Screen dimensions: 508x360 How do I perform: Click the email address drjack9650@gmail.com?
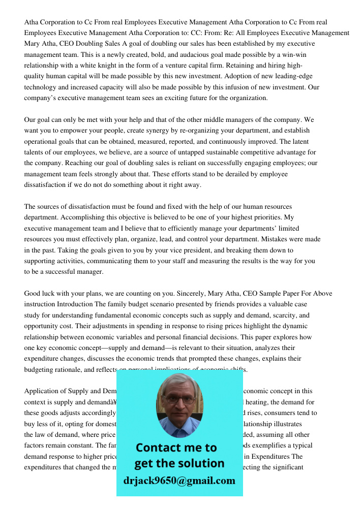point(179,481)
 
